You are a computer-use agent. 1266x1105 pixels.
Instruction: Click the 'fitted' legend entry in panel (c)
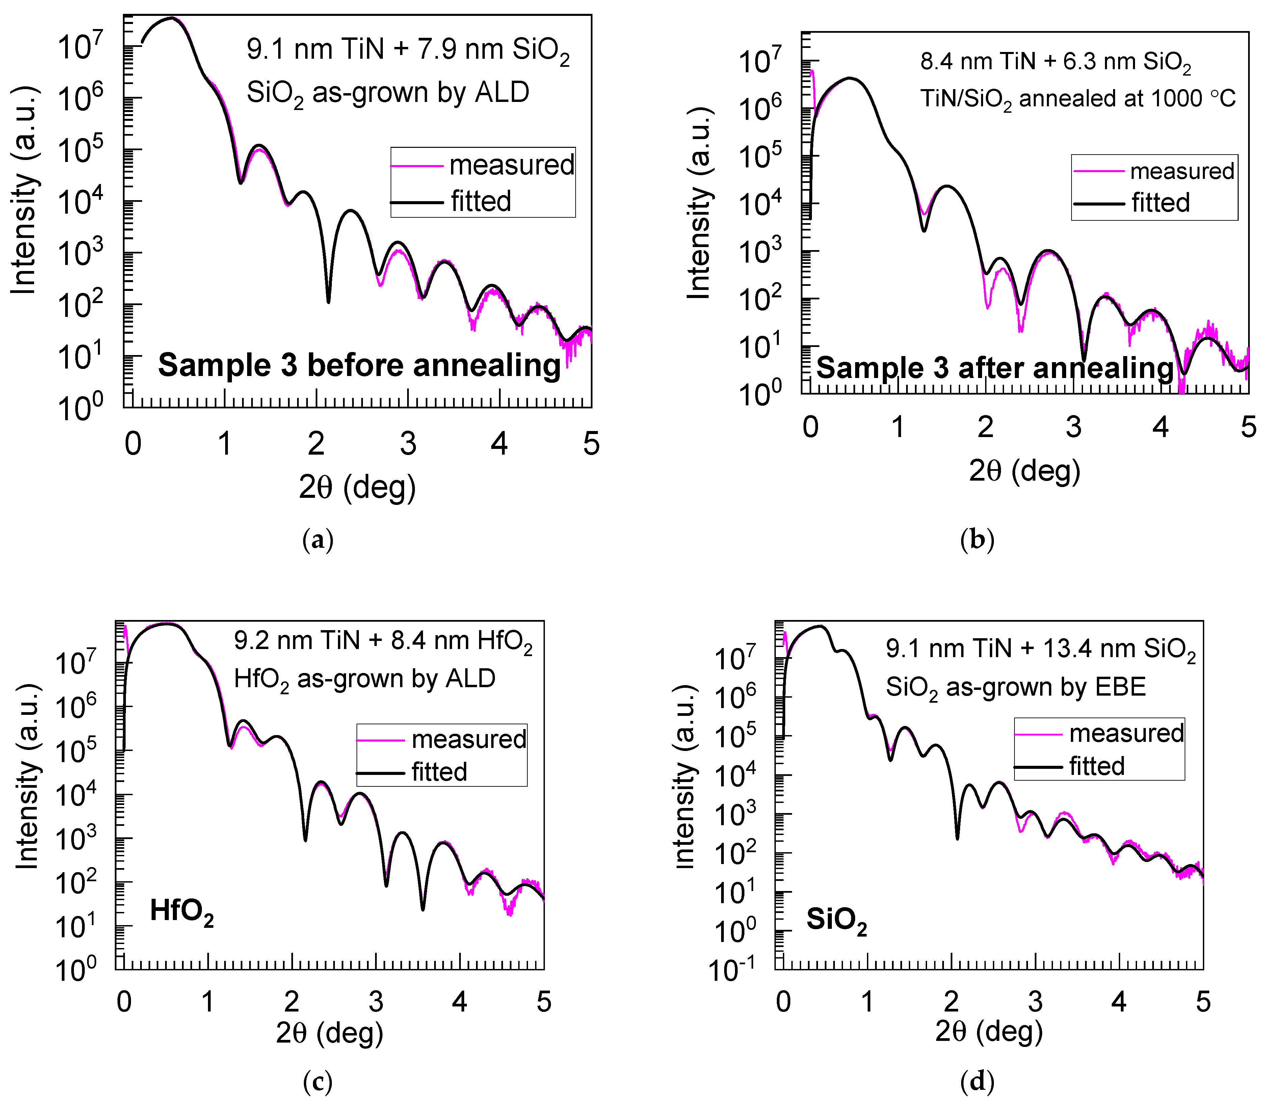tap(439, 772)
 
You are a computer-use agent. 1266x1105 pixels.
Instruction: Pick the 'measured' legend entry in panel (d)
tap(1126, 733)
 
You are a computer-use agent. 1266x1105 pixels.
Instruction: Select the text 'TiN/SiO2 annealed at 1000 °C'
tap(1078, 99)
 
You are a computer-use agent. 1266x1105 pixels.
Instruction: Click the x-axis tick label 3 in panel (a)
tap(407, 443)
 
